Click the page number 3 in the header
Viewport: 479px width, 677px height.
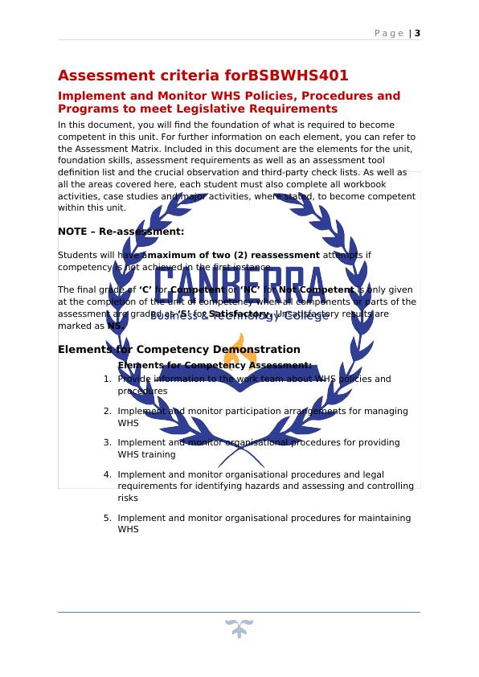click(418, 33)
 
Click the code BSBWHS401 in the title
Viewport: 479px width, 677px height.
click(298, 76)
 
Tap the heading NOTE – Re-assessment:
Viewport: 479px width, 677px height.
click(121, 232)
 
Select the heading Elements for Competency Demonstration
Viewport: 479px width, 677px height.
click(179, 350)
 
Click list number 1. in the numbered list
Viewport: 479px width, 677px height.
click(108, 379)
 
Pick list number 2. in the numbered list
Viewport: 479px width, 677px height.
click(108, 411)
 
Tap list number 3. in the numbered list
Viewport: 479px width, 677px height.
click(108, 442)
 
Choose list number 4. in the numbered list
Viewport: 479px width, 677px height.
click(108, 474)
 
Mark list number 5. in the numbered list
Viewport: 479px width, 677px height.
click(108, 518)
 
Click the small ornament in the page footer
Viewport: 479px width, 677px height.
click(239, 629)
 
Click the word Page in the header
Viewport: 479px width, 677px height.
click(390, 33)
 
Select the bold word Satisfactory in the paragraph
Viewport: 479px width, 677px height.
click(239, 314)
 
